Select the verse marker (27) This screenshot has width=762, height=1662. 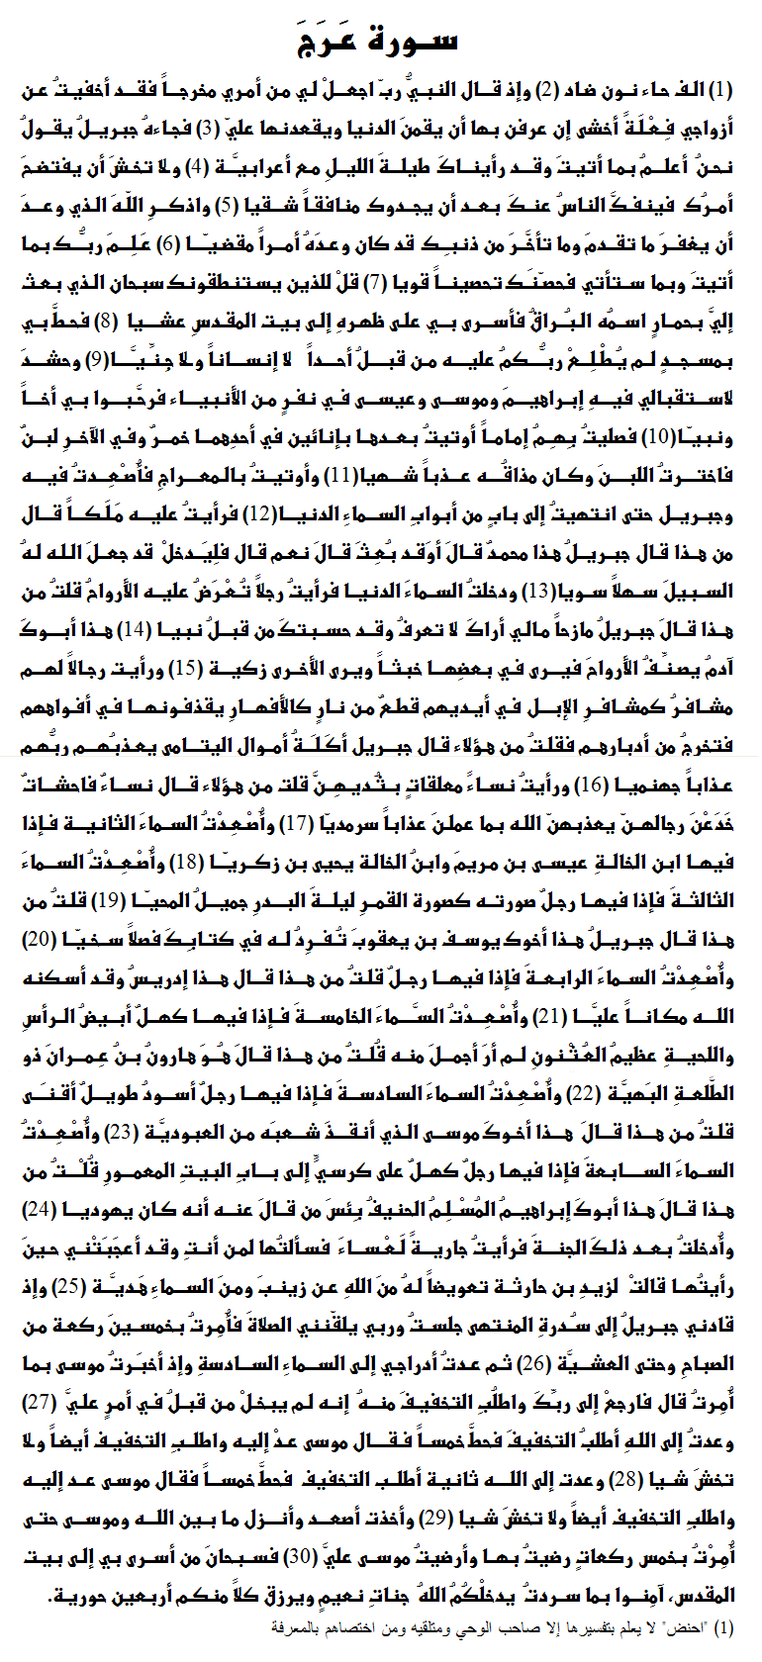[x=38, y=1402]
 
